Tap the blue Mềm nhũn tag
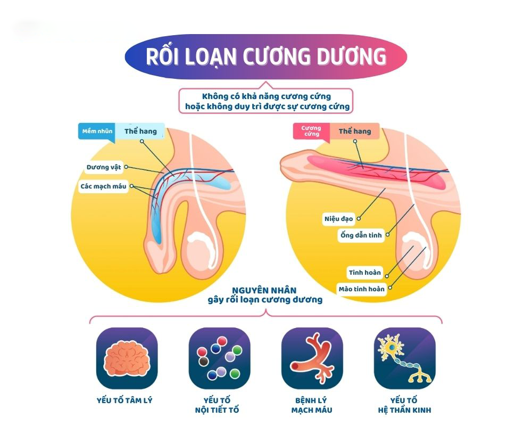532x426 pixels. coord(97,131)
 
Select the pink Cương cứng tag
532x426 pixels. coord(311,131)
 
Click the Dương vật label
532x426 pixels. coord(104,167)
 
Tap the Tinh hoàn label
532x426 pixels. coord(365,273)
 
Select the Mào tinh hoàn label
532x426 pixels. coord(361,289)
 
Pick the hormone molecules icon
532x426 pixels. coord(219,358)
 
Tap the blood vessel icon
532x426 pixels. coord(312,358)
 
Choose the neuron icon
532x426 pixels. coord(404,358)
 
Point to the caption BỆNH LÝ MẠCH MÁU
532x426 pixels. coord(312,405)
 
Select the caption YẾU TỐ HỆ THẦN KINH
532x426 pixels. coord(404,405)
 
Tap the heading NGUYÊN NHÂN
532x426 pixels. coord(264,290)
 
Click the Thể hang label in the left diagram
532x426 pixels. coord(140,131)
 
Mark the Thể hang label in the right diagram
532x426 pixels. coord(355,131)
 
